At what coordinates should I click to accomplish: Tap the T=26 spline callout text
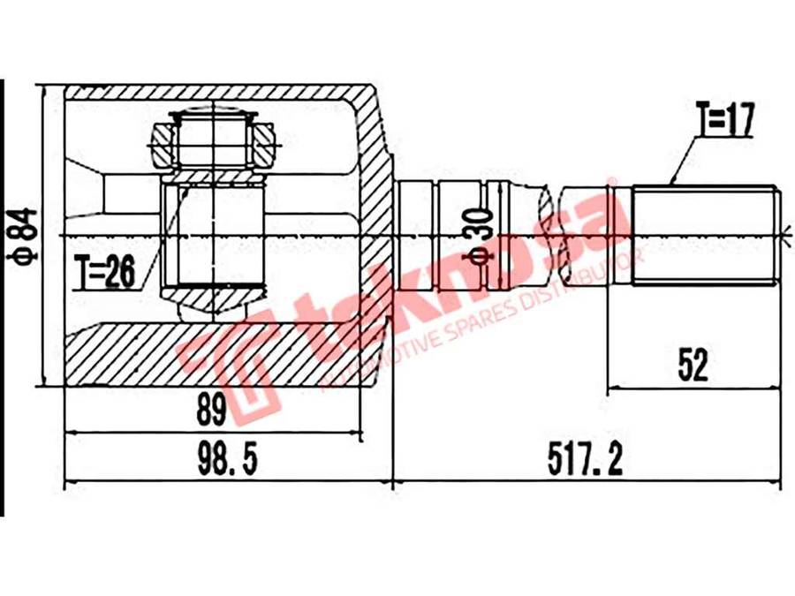105,271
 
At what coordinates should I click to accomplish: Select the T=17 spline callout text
725,118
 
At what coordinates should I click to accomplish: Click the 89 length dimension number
211,411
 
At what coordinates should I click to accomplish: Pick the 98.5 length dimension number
228,458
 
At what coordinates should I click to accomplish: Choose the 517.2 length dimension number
585,458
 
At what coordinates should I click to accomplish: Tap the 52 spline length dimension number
693,366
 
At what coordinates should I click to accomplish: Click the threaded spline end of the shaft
705,236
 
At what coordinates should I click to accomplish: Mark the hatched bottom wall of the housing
223,355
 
